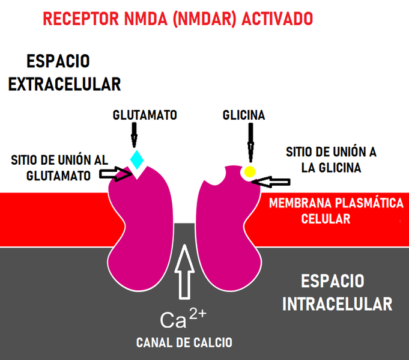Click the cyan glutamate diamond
[x=138, y=159]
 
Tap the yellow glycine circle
[x=249, y=172]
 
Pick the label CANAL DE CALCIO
[x=184, y=343]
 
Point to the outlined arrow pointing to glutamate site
[x=116, y=174]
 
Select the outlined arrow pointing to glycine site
[x=273, y=180]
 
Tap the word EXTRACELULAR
[x=65, y=84]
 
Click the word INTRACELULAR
[x=337, y=304]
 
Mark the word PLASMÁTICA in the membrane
[x=366, y=203]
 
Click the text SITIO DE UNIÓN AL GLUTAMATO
[x=59, y=168]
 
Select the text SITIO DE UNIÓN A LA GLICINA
[x=331, y=160]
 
